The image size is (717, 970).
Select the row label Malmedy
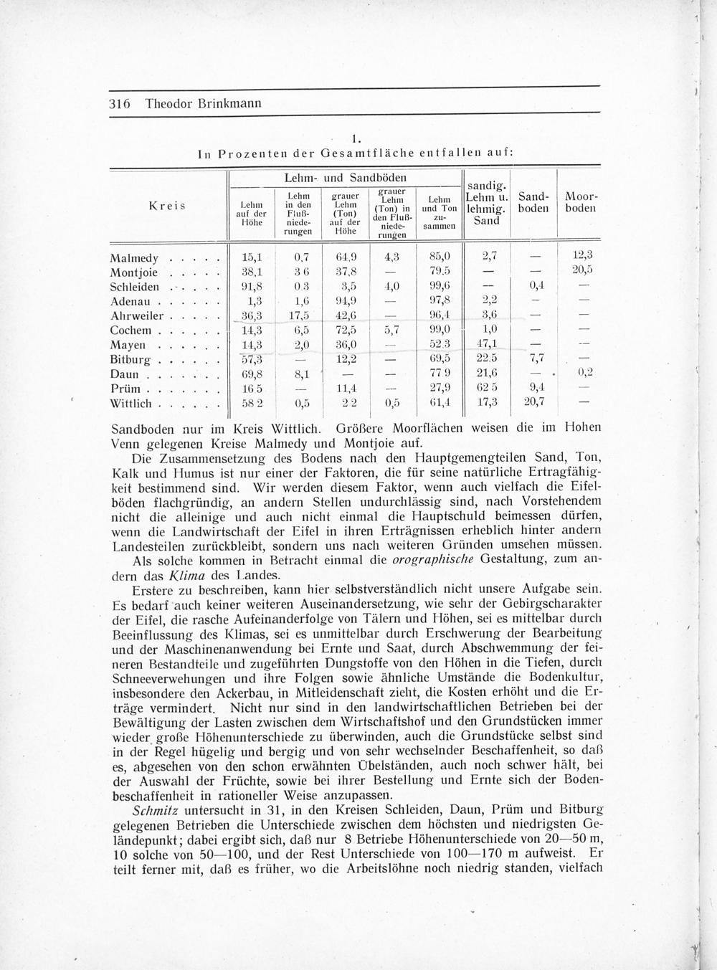pyautogui.click(x=133, y=257)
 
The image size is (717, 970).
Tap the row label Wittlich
pyautogui.click(x=130, y=404)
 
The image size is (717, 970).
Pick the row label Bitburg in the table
pyautogui.click(x=130, y=359)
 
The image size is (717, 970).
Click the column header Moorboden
pyautogui.click(x=581, y=202)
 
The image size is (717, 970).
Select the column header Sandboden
pyautogui.click(x=533, y=202)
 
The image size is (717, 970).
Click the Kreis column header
pyautogui.click(x=166, y=206)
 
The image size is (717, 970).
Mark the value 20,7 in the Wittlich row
pyautogui.click(x=534, y=403)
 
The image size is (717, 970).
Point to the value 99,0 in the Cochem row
pyautogui.click(x=439, y=331)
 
